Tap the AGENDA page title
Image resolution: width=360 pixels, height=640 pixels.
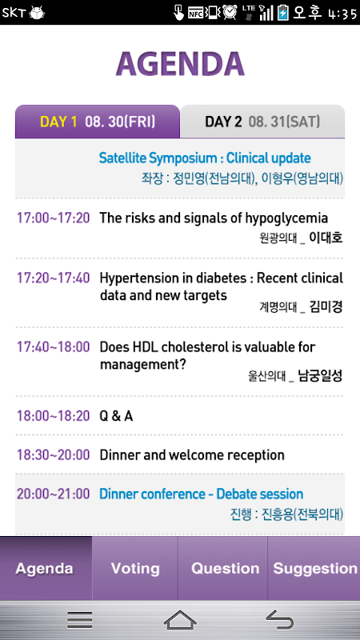click(x=180, y=65)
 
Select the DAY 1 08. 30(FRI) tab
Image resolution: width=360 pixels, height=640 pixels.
click(x=98, y=122)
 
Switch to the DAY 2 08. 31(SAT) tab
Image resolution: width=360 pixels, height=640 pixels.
click(x=262, y=122)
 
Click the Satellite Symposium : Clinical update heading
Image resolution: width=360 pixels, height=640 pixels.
click(x=205, y=158)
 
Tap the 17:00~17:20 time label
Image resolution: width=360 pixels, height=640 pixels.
click(x=53, y=218)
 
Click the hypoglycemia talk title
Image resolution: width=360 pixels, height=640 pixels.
click(x=214, y=218)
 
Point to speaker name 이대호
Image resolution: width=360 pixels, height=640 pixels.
click(x=326, y=237)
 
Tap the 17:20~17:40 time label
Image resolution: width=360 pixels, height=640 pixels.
click(x=53, y=278)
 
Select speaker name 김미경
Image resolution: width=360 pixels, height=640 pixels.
click(x=326, y=306)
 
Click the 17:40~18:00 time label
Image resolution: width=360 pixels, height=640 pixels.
click(x=53, y=347)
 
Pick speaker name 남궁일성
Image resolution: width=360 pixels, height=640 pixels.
click(x=320, y=375)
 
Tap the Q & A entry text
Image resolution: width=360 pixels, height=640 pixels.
click(x=116, y=416)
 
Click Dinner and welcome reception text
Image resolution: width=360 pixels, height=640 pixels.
click(x=192, y=454)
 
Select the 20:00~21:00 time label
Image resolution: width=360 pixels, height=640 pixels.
click(x=53, y=494)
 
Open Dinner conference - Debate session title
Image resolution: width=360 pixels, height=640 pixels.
click(x=202, y=494)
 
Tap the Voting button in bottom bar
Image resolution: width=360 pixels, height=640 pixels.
click(x=135, y=568)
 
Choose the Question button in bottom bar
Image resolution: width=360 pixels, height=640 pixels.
click(x=225, y=568)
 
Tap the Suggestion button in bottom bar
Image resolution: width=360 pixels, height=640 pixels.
click(x=314, y=568)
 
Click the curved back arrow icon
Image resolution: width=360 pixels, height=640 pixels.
click(x=280, y=620)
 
